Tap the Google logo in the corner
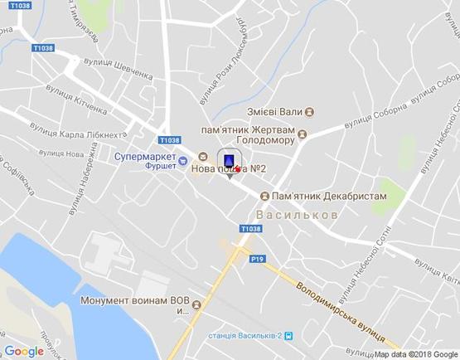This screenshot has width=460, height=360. coord(24,351)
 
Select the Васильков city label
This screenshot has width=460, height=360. coord(297,215)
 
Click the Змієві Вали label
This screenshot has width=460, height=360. coord(274,111)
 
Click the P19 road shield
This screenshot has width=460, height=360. coord(258,260)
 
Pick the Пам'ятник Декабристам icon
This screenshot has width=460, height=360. coord(264,196)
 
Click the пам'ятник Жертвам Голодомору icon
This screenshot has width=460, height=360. coord(303,134)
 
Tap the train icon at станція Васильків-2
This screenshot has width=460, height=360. coord(288,335)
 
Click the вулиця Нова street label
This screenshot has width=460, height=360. coord(63,154)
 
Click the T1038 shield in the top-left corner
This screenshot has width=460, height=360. coord(21,6)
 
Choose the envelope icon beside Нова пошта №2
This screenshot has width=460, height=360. coord(203,154)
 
